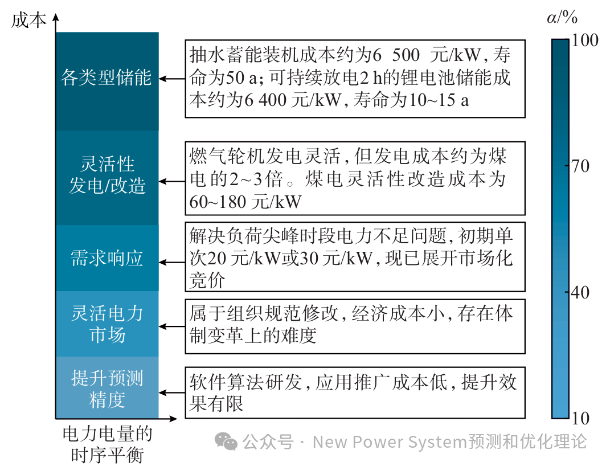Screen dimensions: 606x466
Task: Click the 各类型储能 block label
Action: pos(107,77)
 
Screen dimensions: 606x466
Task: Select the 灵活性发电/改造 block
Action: pos(107,175)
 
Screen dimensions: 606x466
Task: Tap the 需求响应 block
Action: pos(107,259)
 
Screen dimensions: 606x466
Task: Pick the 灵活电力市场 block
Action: pos(107,324)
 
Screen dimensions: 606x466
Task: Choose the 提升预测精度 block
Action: pos(107,389)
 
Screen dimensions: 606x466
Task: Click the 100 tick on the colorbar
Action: pos(584,40)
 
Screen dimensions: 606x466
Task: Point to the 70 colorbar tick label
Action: pos(580,167)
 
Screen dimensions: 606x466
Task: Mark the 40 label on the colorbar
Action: pos(580,293)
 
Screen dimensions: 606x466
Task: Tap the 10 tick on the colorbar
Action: pos(580,419)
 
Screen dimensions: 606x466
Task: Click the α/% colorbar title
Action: pos(562,18)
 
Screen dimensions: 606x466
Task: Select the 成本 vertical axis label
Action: pos(28,21)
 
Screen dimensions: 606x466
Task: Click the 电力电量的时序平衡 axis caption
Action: pos(107,445)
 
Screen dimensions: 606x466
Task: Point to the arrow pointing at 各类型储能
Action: pos(171,78)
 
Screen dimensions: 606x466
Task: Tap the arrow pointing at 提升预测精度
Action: pos(171,393)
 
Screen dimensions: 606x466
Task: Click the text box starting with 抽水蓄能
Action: pos(354,78)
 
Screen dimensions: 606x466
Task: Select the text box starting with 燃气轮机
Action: pos(354,178)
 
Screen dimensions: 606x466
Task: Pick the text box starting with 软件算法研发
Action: pos(354,393)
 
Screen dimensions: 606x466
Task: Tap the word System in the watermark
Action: pos(436,442)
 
